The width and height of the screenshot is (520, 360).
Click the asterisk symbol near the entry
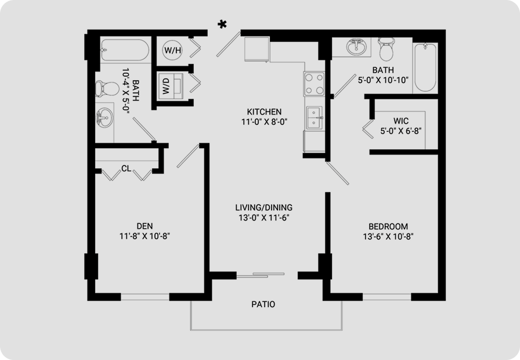(x=222, y=24)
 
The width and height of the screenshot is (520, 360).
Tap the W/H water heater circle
(x=173, y=51)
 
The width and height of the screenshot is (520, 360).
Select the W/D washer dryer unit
(x=171, y=85)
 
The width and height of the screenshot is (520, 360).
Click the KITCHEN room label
(x=264, y=111)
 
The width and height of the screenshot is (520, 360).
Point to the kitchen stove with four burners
(x=314, y=84)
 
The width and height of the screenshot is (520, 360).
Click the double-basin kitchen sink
(x=314, y=118)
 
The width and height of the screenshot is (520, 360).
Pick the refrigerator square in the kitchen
(x=257, y=49)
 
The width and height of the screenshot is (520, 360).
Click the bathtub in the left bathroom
(x=125, y=50)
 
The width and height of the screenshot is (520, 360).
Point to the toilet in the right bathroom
(x=387, y=49)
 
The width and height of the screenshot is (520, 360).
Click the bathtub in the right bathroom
(x=425, y=67)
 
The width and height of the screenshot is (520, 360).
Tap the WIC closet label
(x=401, y=121)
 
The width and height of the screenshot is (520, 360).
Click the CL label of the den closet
(x=127, y=168)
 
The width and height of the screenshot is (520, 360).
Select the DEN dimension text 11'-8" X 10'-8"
(x=145, y=236)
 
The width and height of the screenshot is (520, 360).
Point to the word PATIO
(x=263, y=304)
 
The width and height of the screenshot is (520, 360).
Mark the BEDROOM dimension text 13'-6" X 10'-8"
(x=388, y=236)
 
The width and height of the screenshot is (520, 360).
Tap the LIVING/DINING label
(x=264, y=208)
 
